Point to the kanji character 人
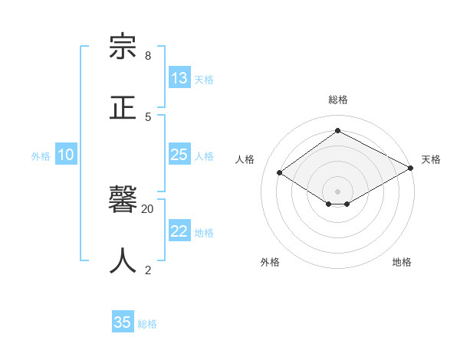point(123,260)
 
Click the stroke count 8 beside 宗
point(148,56)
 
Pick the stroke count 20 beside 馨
point(148,208)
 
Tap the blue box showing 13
point(179,78)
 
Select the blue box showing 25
point(179,155)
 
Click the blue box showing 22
point(179,231)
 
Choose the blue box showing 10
point(66,155)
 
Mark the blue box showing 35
point(123,322)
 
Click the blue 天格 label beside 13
point(203,79)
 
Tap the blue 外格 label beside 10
point(41,155)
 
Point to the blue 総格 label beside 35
point(147,323)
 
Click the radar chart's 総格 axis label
point(337,100)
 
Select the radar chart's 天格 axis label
point(431,159)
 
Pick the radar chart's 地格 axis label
point(402,262)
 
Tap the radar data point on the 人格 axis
point(280,172)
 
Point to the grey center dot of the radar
point(337,191)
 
